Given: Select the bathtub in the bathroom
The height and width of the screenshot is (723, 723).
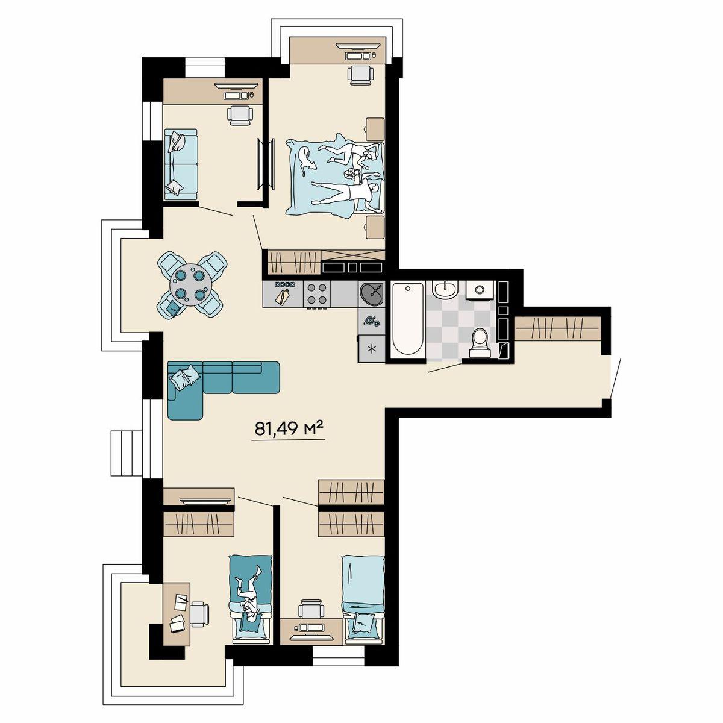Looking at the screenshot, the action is pyautogui.click(x=408, y=319).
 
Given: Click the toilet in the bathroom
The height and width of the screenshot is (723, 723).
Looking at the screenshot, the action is pyautogui.click(x=480, y=342).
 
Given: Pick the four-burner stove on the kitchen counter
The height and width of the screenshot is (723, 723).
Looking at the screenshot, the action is pyautogui.click(x=317, y=294).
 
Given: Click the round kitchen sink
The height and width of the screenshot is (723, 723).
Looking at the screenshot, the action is pyautogui.click(x=372, y=294).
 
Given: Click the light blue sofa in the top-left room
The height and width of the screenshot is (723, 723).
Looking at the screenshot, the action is pyautogui.click(x=181, y=164).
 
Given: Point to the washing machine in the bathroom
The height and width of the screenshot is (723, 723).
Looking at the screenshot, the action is pyautogui.click(x=479, y=290).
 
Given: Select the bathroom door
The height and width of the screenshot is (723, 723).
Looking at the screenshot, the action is pyautogui.click(x=445, y=368).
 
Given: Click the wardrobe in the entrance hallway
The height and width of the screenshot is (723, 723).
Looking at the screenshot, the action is pyautogui.click(x=557, y=329).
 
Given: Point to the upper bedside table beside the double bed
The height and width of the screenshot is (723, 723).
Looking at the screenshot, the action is pyautogui.click(x=375, y=129).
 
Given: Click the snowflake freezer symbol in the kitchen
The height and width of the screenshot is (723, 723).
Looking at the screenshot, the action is pyautogui.click(x=372, y=349).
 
